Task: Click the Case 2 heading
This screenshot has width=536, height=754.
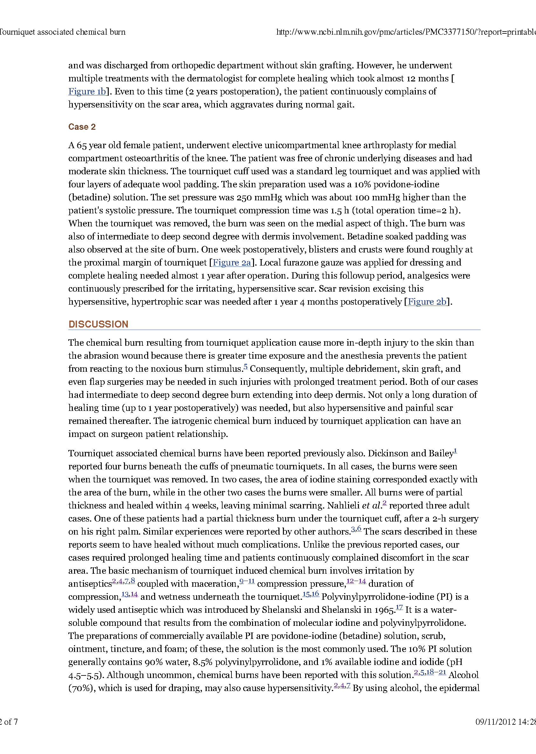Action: click(x=82, y=127)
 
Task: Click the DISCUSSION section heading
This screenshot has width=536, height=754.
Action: click(x=98, y=324)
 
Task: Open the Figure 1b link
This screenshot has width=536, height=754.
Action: click(x=87, y=92)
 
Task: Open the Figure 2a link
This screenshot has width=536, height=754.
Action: click(x=232, y=262)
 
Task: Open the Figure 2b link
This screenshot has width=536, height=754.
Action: click(x=427, y=302)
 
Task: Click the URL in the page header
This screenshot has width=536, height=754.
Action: click(x=406, y=32)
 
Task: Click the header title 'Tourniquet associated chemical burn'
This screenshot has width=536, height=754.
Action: click(x=62, y=32)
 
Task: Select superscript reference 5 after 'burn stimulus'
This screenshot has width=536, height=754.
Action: click(x=245, y=366)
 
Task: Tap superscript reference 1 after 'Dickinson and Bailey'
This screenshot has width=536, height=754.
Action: click(x=455, y=451)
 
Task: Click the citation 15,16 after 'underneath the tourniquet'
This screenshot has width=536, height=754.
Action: click(x=311, y=594)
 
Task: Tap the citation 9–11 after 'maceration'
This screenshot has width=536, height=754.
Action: click(x=247, y=581)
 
